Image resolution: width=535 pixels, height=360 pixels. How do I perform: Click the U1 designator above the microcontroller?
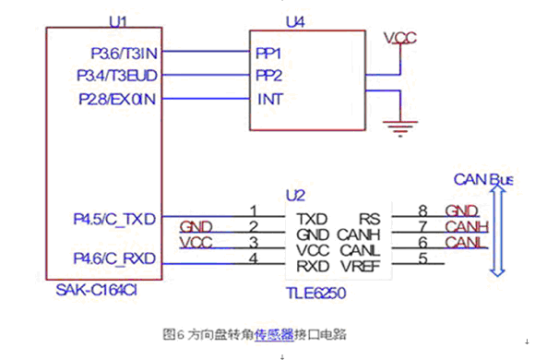click(118, 22)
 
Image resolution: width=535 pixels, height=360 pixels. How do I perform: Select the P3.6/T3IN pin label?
click(124, 54)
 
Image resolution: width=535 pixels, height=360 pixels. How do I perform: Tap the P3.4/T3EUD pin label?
click(117, 76)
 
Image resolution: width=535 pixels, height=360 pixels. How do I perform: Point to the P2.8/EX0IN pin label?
click(117, 99)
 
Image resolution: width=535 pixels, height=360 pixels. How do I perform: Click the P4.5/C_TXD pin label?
click(114, 219)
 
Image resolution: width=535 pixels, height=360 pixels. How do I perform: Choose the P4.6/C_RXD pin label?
click(114, 258)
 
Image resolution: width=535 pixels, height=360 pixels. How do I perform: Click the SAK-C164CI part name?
click(96, 291)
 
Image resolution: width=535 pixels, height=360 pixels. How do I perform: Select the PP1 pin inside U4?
click(268, 54)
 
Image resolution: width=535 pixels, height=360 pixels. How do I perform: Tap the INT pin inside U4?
click(270, 100)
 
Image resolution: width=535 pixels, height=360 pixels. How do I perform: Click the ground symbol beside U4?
click(400, 128)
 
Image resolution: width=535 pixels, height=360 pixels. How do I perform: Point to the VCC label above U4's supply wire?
click(400, 38)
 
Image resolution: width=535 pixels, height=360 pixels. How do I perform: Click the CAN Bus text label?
click(483, 180)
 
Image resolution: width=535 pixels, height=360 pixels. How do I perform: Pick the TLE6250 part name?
click(316, 293)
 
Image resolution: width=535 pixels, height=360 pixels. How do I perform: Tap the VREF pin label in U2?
click(361, 267)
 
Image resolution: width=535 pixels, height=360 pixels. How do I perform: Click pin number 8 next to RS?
click(422, 211)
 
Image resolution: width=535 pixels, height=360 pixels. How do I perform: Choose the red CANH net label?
click(467, 226)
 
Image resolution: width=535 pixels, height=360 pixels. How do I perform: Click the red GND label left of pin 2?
click(196, 227)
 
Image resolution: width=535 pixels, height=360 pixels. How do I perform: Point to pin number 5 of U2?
click(422, 258)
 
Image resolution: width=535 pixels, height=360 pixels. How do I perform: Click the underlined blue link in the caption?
click(274, 334)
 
